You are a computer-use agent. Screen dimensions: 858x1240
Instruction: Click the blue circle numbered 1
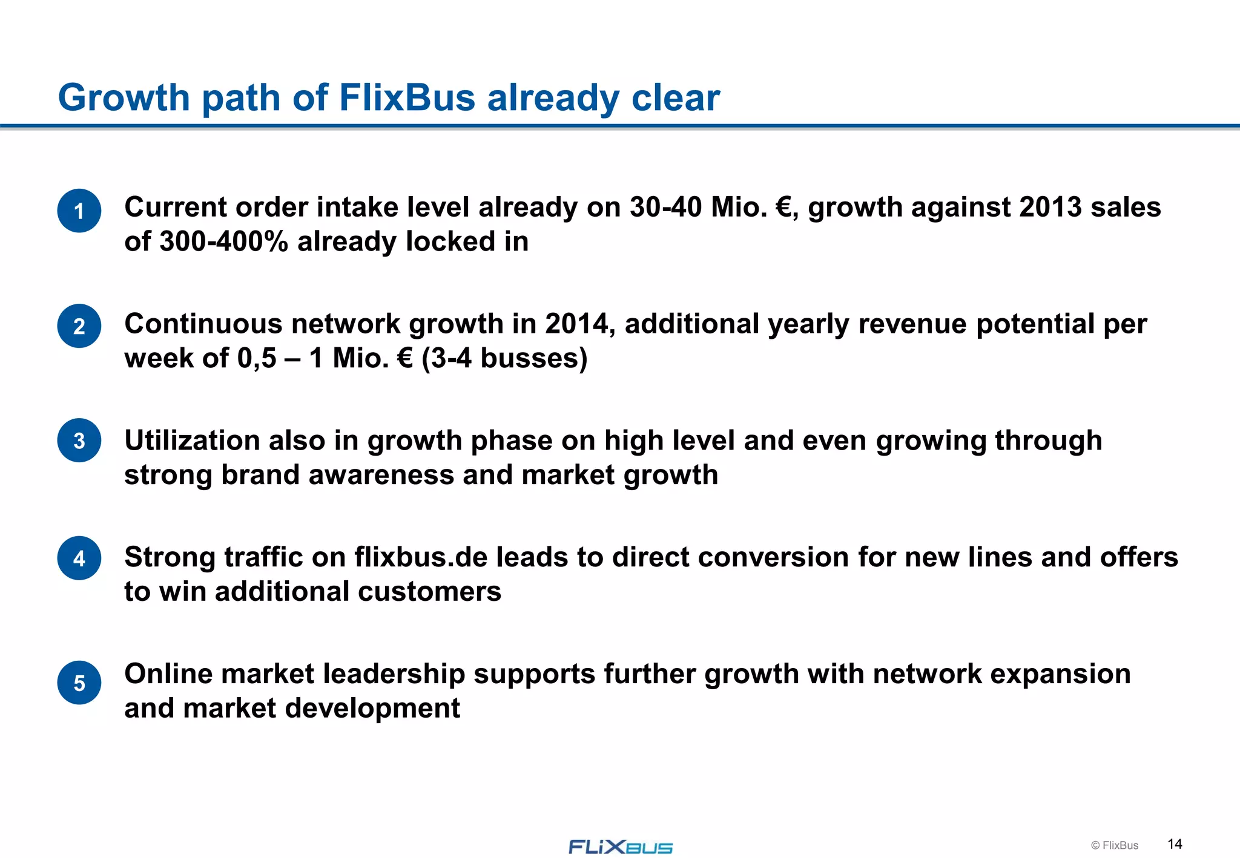tap(79, 211)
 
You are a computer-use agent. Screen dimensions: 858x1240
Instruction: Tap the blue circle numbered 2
tap(79, 326)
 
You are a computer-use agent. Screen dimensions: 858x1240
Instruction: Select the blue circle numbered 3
tap(79, 440)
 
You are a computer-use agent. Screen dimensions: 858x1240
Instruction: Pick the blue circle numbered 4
tap(79, 558)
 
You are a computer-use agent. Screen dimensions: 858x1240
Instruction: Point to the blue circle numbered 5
tap(79, 683)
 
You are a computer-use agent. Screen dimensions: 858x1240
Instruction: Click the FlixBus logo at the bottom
tap(620, 847)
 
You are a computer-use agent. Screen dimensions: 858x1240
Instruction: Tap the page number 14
tap(1175, 844)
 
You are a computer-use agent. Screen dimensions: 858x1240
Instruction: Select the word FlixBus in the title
tap(407, 97)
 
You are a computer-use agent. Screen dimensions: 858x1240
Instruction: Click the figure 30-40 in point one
tap(665, 208)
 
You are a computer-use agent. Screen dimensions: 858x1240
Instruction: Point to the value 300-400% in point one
tap(223, 242)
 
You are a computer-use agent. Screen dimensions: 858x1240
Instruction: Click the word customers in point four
tap(429, 592)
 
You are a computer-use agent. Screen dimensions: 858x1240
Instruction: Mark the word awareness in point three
tap(381, 475)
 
